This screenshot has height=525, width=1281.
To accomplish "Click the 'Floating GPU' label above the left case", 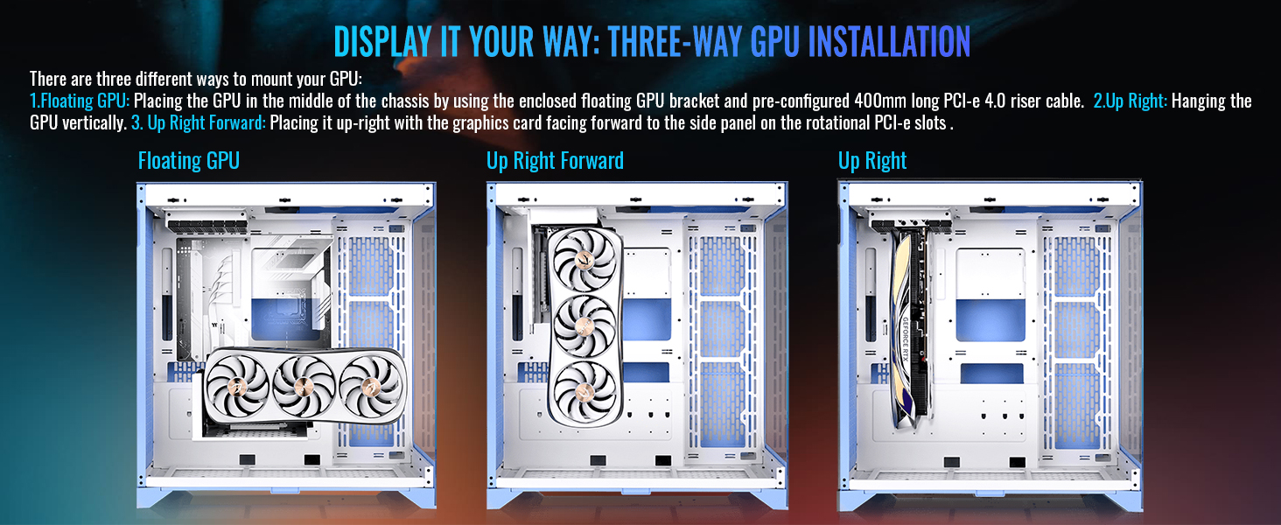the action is [x=189, y=161].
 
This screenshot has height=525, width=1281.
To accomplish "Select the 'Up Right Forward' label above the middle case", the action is [x=555, y=161].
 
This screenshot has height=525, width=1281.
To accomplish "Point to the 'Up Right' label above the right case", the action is [x=872, y=161].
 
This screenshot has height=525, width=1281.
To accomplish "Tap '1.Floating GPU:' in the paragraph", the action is [x=80, y=101].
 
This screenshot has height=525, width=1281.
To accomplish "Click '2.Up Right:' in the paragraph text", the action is [x=1130, y=101].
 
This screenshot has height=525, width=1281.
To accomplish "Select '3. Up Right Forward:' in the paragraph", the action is [x=199, y=123].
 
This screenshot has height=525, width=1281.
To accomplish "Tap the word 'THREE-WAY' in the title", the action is [x=675, y=42].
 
